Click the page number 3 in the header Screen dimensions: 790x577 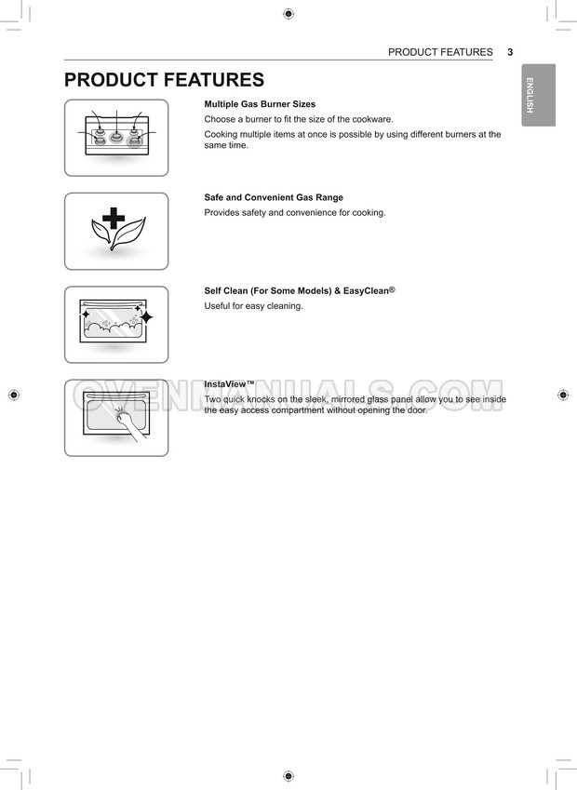510,52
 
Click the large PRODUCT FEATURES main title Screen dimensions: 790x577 164,81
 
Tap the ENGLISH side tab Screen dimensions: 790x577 538,95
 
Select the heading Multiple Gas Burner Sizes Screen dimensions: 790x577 260,104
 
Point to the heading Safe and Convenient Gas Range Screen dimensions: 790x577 274,197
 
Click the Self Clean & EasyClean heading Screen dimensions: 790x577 300,290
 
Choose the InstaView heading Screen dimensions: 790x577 229,383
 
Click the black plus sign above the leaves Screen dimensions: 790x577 114,219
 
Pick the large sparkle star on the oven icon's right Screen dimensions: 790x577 146,317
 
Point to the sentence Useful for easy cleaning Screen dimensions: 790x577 253,306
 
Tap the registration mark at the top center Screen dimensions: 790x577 288,14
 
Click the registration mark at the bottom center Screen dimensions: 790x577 288,776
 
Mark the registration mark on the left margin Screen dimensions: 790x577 13,395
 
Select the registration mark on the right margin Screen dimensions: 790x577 563,395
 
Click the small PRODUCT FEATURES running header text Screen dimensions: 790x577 440,52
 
